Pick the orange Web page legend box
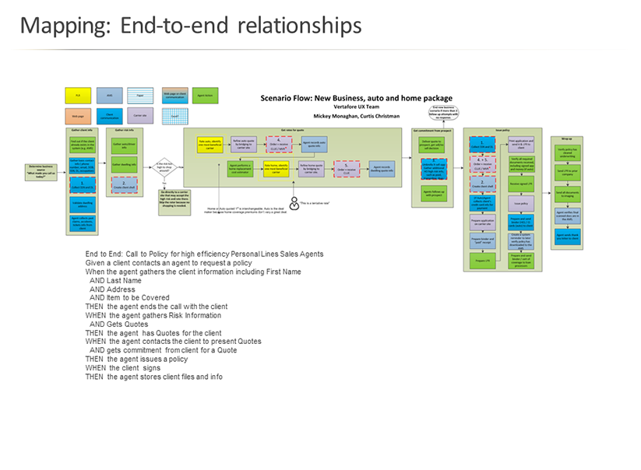coord(78,114)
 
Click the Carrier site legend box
coord(143,114)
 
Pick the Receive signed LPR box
coord(498,183)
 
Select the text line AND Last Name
coord(115,280)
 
